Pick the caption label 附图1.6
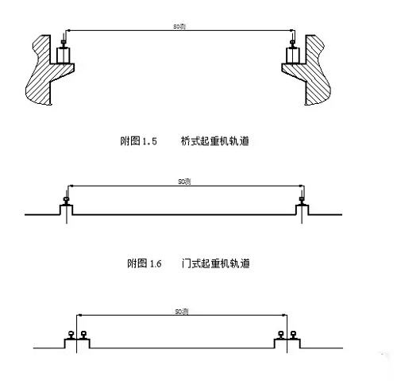[136, 263]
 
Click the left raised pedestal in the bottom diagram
[76, 343]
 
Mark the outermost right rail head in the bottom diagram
[292, 334]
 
